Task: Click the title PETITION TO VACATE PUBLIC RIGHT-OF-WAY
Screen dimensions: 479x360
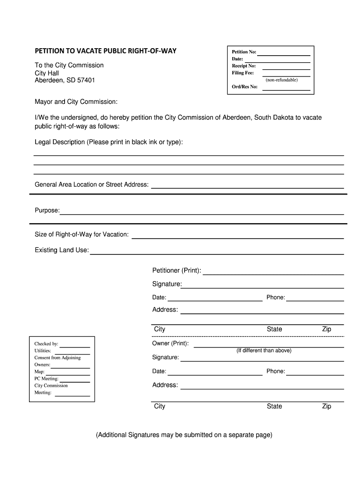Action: pyautogui.click(x=106, y=51)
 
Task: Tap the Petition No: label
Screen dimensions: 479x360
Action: pyautogui.click(x=244, y=52)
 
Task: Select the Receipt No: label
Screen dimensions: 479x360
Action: pyautogui.click(x=244, y=66)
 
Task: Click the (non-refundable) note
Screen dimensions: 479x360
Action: pyautogui.click(x=281, y=80)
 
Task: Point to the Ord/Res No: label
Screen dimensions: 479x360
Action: pyautogui.click(x=245, y=87)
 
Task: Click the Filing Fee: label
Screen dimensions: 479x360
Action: pyautogui.click(x=243, y=73)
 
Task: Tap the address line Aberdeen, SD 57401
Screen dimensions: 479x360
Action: pyautogui.click(x=65, y=80)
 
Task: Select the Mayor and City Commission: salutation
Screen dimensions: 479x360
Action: pyautogui.click(x=76, y=102)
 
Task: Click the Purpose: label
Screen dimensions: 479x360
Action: pyautogui.click(x=47, y=210)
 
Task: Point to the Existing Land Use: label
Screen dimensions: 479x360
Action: pyautogui.click(x=62, y=250)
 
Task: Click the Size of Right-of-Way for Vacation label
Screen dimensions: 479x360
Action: pyautogui.click(x=81, y=234)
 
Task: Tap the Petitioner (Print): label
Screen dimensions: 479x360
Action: pyautogui.click(x=177, y=271)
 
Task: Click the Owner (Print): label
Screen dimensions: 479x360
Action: pyautogui.click(x=171, y=343)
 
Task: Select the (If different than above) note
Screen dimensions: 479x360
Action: pyautogui.click(x=264, y=350)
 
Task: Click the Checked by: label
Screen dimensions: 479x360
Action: pyautogui.click(x=46, y=344)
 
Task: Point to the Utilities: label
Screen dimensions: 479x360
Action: pyautogui.click(x=43, y=351)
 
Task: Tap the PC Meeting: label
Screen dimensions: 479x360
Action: pyautogui.click(x=46, y=378)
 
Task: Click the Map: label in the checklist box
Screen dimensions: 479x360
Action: pyautogui.click(x=39, y=371)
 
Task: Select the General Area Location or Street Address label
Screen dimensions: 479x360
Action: pyautogui.click(x=92, y=185)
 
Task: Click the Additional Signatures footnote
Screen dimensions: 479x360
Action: pyautogui.click(x=184, y=435)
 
